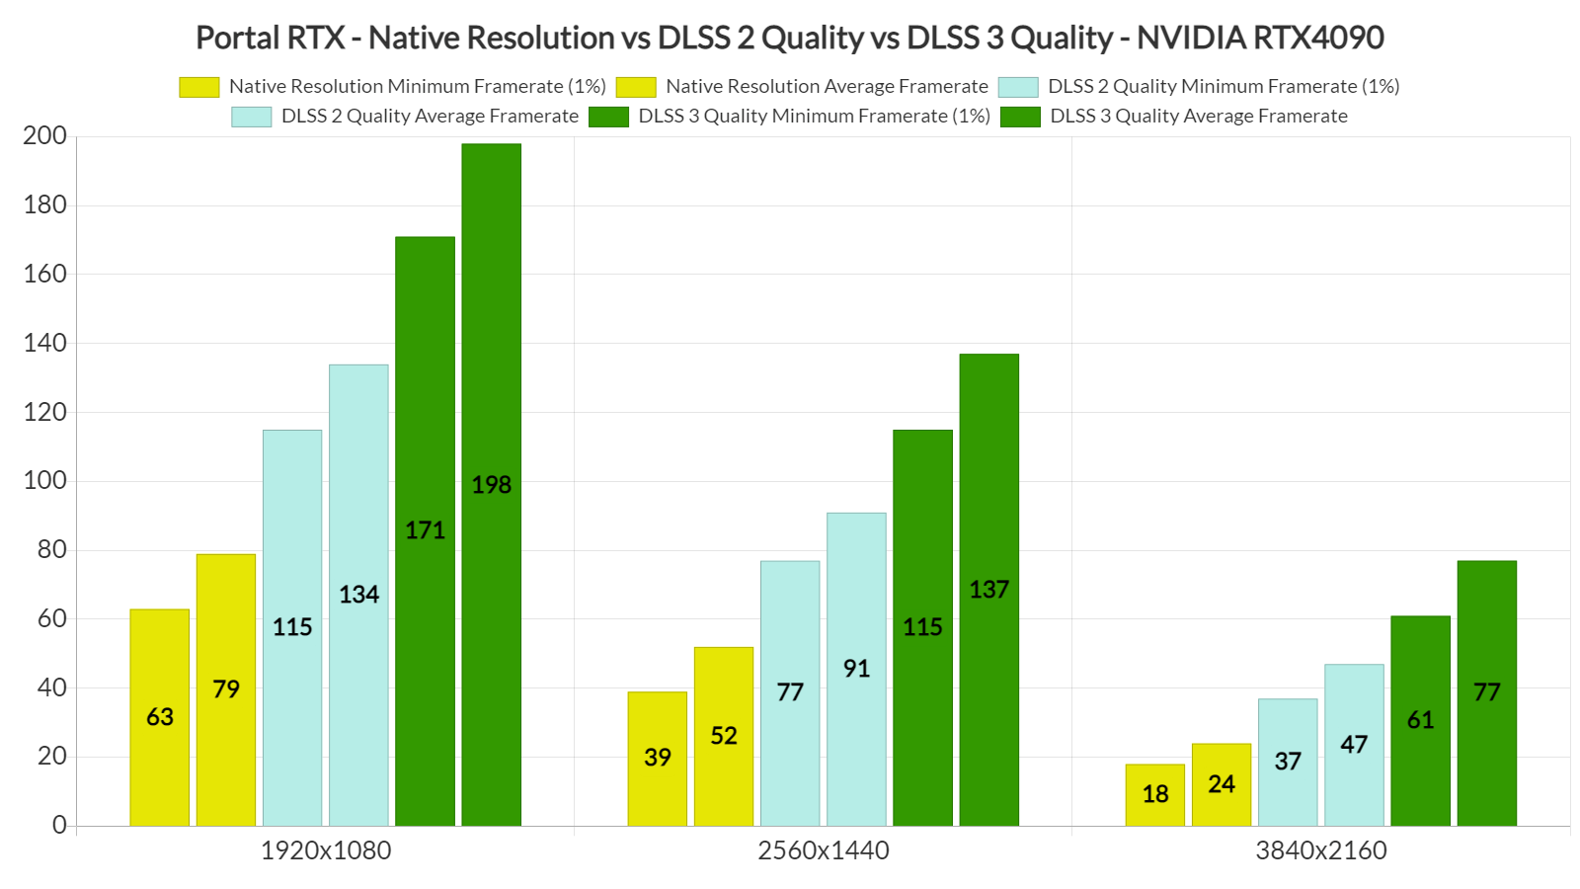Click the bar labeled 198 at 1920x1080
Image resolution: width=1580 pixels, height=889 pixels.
click(x=491, y=484)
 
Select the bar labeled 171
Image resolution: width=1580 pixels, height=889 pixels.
click(x=425, y=530)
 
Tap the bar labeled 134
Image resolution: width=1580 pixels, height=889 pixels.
click(x=358, y=595)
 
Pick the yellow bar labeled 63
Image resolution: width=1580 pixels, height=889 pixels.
click(x=159, y=716)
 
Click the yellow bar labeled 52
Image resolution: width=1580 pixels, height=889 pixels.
click(x=723, y=736)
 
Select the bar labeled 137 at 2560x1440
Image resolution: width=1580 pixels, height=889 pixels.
click(x=988, y=590)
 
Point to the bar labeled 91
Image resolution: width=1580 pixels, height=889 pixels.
click(x=856, y=669)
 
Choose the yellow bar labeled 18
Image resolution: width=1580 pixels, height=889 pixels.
click(x=1154, y=794)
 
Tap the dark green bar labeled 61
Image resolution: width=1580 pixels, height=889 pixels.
click(x=1420, y=720)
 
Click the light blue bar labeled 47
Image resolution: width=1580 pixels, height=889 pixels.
click(x=1354, y=744)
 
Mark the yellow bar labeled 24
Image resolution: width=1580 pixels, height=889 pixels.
click(x=1221, y=784)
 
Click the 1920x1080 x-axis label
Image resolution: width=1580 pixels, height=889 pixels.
click(x=326, y=850)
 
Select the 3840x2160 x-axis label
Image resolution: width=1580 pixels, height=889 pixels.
click(x=1321, y=850)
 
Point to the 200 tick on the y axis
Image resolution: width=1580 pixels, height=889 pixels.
click(x=45, y=136)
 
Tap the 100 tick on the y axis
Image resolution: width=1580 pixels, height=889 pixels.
click(x=45, y=481)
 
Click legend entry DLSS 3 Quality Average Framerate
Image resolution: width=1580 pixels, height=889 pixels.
click(x=1198, y=117)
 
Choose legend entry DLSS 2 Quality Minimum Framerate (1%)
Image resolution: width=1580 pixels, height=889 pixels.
click(x=1223, y=87)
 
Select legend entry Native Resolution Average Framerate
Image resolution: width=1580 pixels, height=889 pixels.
click(x=826, y=87)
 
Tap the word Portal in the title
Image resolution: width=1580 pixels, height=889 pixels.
click(x=237, y=38)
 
